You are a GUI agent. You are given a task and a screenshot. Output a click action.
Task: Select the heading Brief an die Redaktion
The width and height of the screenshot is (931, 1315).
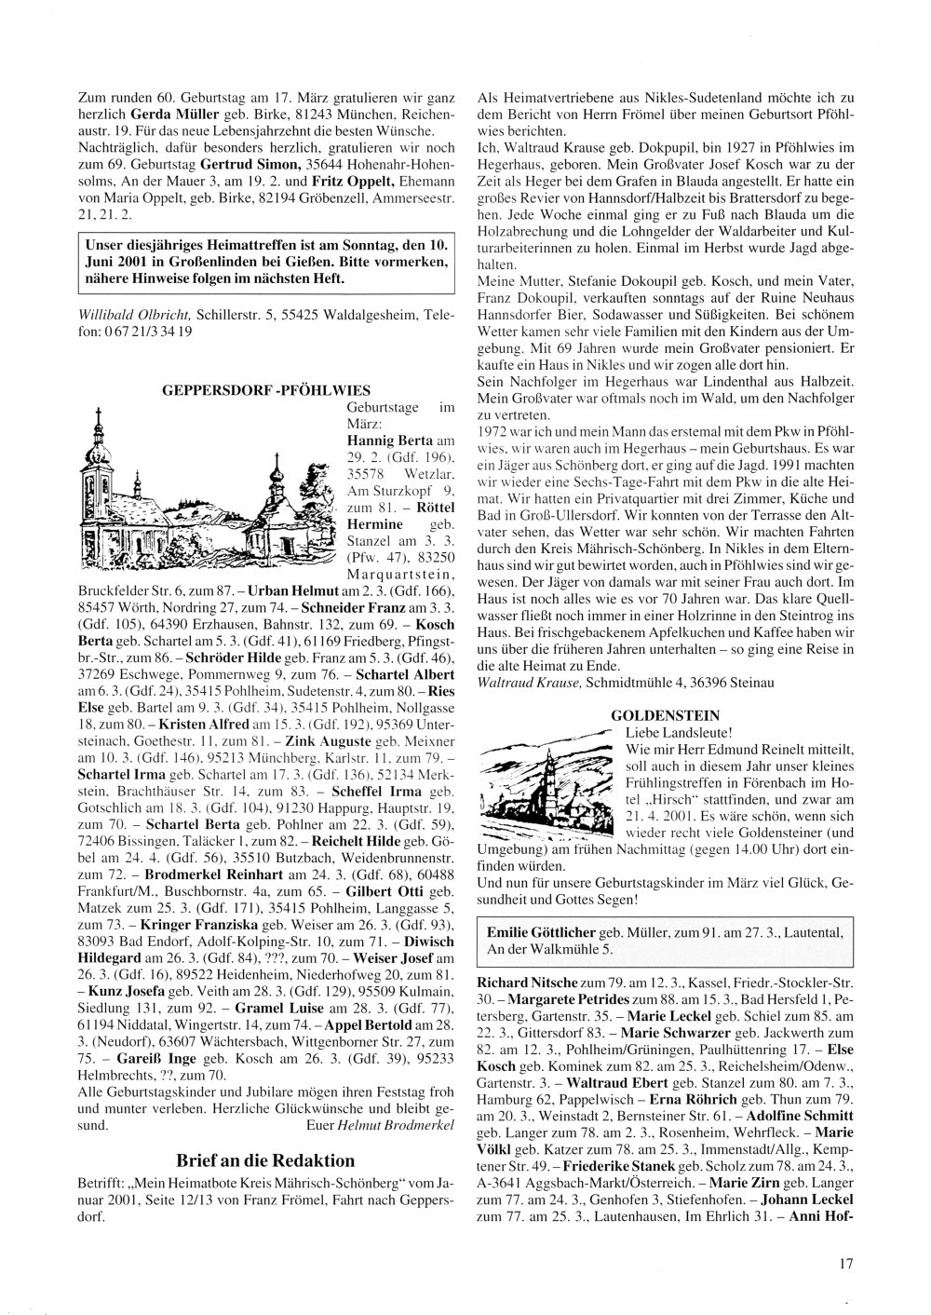pyautogui.click(x=265, y=1160)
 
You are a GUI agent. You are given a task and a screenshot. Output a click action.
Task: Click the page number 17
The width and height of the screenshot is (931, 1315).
pyautogui.click(x=845, y=1264)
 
